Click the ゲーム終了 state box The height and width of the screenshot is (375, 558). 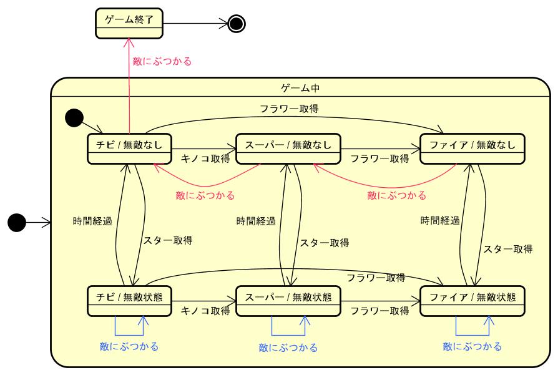(129, 23)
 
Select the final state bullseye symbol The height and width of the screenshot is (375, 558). (237, 24)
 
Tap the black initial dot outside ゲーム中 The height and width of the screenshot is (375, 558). (17, 221)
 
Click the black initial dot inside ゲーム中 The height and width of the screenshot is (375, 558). (74, 117)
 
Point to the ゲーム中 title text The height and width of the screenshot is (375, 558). (300, 89)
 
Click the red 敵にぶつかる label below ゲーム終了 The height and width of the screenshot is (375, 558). (162, 62)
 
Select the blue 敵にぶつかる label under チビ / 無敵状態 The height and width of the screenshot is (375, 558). (129, 346)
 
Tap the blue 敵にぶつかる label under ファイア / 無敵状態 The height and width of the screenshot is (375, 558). (472, 346)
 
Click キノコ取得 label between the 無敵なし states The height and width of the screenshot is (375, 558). (205, 158)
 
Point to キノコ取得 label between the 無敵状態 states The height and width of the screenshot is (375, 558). (205, 310)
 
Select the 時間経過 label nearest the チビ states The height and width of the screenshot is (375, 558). (92, 221)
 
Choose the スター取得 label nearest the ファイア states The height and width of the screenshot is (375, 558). (508, 249)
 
